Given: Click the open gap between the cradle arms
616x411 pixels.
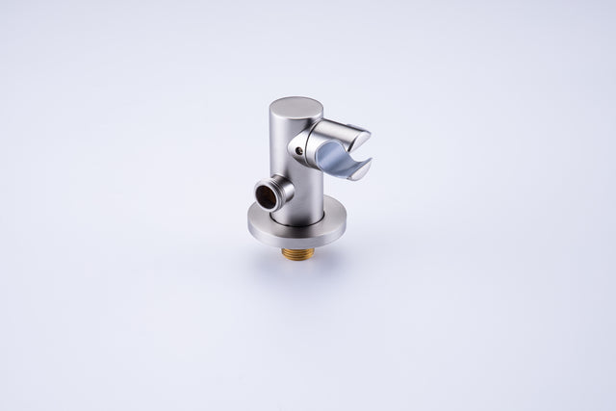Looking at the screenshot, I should pyautogui.click(x=356, y=154).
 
